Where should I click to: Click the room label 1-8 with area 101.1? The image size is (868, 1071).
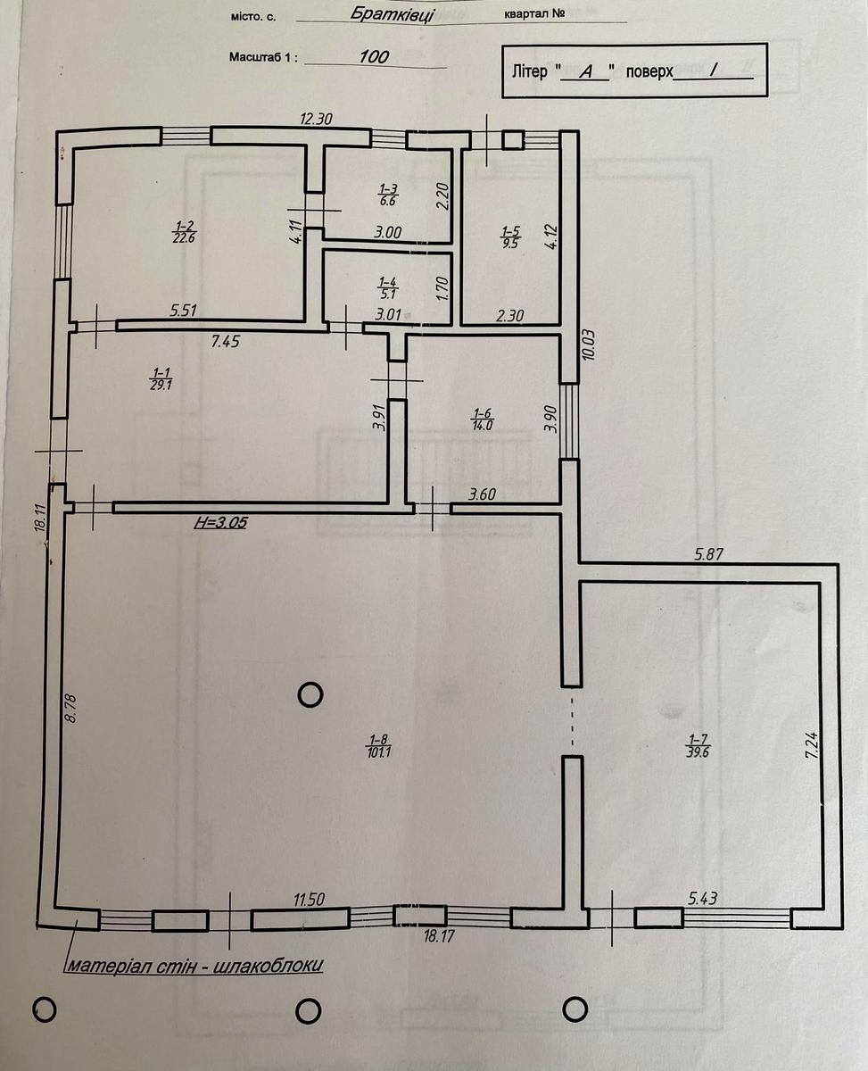380,746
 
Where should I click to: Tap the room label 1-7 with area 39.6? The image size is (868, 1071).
699,745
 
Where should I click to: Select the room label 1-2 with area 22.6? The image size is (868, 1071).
184,232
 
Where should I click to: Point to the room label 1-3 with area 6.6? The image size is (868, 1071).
388,195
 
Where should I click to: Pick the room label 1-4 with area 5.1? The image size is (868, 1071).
387,287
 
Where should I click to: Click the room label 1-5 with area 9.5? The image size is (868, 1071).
510,237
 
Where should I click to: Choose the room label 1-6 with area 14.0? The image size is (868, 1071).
482,419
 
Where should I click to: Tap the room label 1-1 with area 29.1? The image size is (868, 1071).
161,379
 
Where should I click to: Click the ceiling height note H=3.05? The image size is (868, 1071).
220,523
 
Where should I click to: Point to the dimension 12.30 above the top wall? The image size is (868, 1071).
316,119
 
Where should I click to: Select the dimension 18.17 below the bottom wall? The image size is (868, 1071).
439,937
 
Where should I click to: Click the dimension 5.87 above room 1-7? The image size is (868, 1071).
708,554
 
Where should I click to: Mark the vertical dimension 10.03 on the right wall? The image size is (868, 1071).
589,345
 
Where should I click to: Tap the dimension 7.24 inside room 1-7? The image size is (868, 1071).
812,745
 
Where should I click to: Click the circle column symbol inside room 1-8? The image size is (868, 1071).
310,695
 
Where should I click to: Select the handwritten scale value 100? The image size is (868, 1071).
374,56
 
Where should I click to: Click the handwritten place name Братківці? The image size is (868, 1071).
392,14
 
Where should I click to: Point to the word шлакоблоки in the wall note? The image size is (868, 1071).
268,965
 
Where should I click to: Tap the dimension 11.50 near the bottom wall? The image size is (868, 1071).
309,900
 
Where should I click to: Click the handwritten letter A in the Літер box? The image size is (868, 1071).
585,72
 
